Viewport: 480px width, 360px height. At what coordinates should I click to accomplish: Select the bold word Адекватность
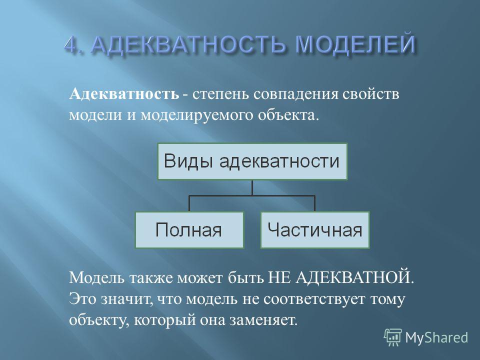(x=124, y=94)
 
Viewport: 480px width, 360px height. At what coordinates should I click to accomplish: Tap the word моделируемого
(x=196, y=116)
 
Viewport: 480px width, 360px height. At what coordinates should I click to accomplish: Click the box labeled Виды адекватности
(x=252, y=161)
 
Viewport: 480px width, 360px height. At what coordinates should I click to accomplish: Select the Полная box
(x=189, y=230)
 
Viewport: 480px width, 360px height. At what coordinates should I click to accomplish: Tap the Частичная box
(x=315, y=230)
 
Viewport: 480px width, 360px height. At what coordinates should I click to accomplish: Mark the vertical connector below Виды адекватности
(x=252, y=187)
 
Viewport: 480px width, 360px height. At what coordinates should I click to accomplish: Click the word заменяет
(x=262, y=320)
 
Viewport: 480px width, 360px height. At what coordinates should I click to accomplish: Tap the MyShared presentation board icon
(x=393, y=337)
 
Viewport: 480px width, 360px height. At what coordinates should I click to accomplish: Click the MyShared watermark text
(x=436, y=338)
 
